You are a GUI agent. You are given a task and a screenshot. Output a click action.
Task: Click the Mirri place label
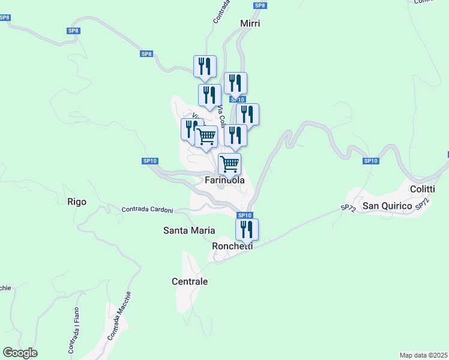click(250, 23)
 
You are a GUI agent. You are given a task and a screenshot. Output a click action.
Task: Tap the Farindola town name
click(225, 180)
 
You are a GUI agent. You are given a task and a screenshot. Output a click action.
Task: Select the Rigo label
click(77, 202)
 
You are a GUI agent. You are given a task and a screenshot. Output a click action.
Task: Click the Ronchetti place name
click(232, 246)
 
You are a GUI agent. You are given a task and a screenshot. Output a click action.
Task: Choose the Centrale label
click(190, 281)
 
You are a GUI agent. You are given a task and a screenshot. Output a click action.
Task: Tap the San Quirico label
click(388, 206)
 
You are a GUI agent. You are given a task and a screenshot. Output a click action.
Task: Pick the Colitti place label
click(421, 188)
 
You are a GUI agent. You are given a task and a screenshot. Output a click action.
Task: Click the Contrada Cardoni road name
click(147, 210)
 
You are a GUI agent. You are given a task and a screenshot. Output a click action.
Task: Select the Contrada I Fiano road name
click(73, 329)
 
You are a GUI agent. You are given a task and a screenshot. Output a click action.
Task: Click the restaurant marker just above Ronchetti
click(247, 229)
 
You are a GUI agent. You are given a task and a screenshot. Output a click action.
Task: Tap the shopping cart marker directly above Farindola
click(229, 163)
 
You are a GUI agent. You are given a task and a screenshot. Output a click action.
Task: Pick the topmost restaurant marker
click(205, 67)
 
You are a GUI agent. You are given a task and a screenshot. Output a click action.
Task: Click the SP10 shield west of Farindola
click(150, 161)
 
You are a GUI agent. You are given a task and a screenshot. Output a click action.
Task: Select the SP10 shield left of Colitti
click(371, 161)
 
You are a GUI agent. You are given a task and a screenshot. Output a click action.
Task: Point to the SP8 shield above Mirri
click(259, 5)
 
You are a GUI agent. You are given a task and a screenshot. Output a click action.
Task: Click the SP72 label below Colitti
click(422, 204)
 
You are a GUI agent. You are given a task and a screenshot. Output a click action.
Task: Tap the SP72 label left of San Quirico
click(348, 208)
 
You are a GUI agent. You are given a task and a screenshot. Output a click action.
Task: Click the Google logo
click(20, 353)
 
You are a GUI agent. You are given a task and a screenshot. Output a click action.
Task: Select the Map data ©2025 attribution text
click(424, 355)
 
